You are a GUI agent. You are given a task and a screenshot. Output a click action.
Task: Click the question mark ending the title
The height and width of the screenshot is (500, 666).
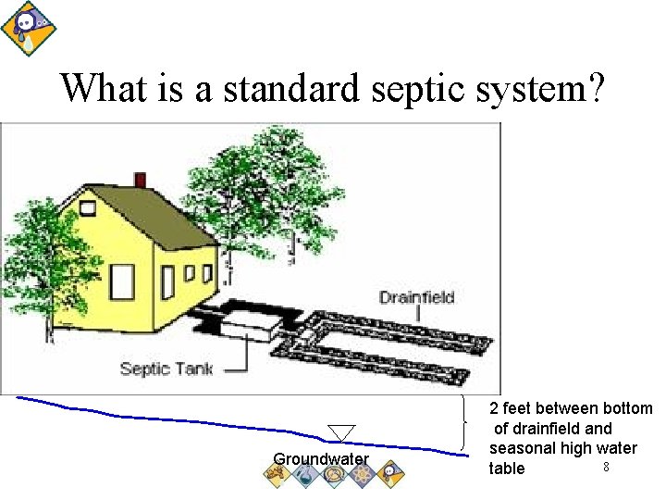(596, 89)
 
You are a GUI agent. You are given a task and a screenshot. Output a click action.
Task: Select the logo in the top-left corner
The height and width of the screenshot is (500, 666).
(25, 28)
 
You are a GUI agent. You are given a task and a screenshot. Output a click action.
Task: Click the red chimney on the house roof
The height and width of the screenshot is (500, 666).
(140, 180)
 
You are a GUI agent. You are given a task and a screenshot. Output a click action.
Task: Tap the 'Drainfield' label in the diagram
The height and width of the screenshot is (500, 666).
(416, 297)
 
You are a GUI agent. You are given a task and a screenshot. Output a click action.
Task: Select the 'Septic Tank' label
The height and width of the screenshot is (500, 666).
(166, 369)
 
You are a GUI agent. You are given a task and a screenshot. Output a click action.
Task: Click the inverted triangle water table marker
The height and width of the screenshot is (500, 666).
(341, 432)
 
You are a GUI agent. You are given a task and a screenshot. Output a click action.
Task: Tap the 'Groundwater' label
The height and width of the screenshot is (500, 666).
(321, 459)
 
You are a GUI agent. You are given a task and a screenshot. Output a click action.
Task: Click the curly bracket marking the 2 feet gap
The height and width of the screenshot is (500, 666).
(463, 422)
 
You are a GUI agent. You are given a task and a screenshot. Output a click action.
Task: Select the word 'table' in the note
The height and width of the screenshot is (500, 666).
(507, 469)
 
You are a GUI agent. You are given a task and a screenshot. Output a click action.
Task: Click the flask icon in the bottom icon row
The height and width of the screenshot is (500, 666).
(304, 473)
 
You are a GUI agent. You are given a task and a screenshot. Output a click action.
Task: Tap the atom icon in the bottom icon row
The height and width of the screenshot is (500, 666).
(362, 473)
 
